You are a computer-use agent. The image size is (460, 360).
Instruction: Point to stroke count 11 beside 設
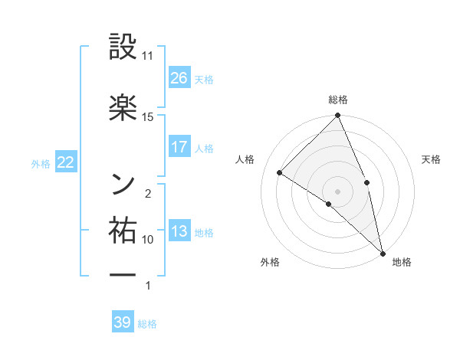click(x=148, y=57)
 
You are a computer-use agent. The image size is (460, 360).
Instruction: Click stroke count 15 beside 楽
click(x=148, y=116)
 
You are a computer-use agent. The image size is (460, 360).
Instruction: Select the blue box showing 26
click(x=179, y=78)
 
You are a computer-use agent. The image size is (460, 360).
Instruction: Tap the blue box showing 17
click(x=179, y=147)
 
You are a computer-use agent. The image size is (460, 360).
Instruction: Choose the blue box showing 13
click(x=179, y=232)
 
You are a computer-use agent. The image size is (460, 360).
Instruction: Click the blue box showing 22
click(x=65, y=163)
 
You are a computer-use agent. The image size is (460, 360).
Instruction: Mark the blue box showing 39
click(x=123, y=322)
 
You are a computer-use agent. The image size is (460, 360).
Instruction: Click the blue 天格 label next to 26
click(x=204, y=79)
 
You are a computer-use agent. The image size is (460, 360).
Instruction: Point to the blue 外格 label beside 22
click(x=41, y=164)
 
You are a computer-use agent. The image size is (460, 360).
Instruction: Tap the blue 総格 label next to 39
click(x=148, y=323)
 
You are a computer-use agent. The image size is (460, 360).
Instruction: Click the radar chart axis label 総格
click(x=338, y=100)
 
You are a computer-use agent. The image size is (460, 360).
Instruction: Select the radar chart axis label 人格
click(x=245, y=159)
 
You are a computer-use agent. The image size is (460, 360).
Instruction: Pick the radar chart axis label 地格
click(x=402, y=262)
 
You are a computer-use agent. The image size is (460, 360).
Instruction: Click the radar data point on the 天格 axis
click(x=367, y=182)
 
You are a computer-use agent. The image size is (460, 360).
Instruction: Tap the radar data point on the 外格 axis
click(x=329, y=204)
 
